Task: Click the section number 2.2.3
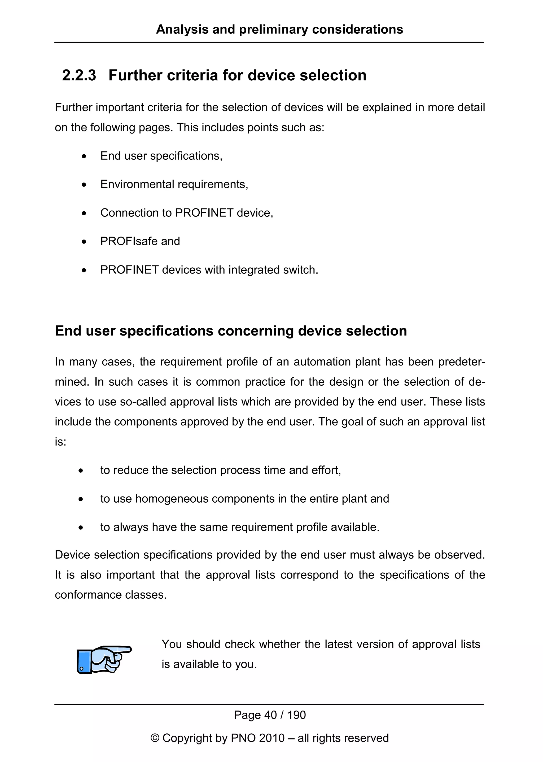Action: pyautogui.click(x=79, y=75)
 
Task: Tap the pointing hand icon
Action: pyautogui.click(x=104, y=659)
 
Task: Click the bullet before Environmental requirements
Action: pyautogui.click(x=84, y=185)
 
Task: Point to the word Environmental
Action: pyautogui.click(x=137, y=184)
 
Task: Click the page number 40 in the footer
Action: pyautogui.click(x=270, y=715)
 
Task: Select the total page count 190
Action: pyautogui.click(x=297, y=715)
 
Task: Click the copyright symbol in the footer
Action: pyautogui.click(x=155, y=738)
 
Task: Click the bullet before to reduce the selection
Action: pyautogui.click(x=81, y=471)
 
